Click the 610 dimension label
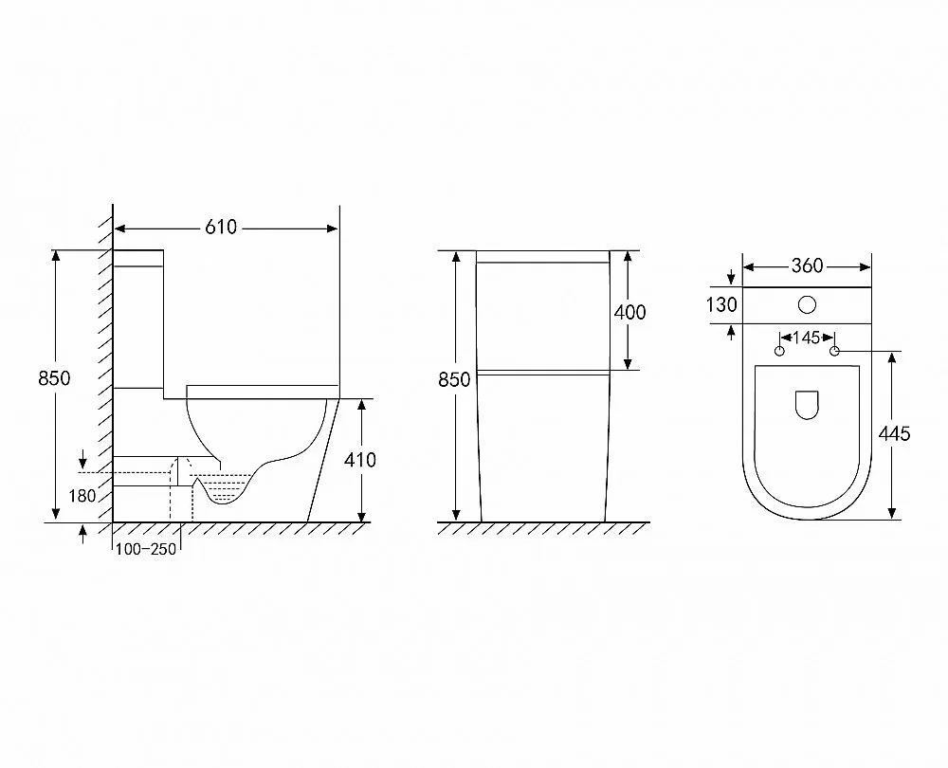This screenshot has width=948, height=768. click(221, 228)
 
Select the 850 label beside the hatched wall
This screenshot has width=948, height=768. click(54, 378)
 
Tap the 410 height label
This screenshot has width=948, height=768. click(359, 460)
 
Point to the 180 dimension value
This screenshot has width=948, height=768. click(82, 496)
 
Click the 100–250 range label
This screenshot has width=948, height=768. click(146, 549)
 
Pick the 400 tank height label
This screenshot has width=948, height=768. click(630, 312)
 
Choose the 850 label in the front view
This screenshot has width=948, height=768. click(454, 380)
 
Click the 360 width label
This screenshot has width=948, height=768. click(807, 265)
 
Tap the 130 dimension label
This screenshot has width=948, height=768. click(721, 304)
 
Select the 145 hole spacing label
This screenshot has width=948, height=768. click(807, 338)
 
